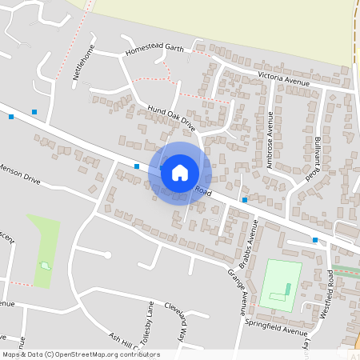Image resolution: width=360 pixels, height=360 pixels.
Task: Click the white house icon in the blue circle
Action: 180,172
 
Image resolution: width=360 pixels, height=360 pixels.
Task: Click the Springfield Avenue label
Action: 276,331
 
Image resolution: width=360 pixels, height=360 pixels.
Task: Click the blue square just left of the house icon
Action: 137,166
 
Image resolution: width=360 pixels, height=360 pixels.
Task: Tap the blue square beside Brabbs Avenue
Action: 244,200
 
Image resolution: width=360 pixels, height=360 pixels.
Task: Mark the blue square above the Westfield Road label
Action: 315,239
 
